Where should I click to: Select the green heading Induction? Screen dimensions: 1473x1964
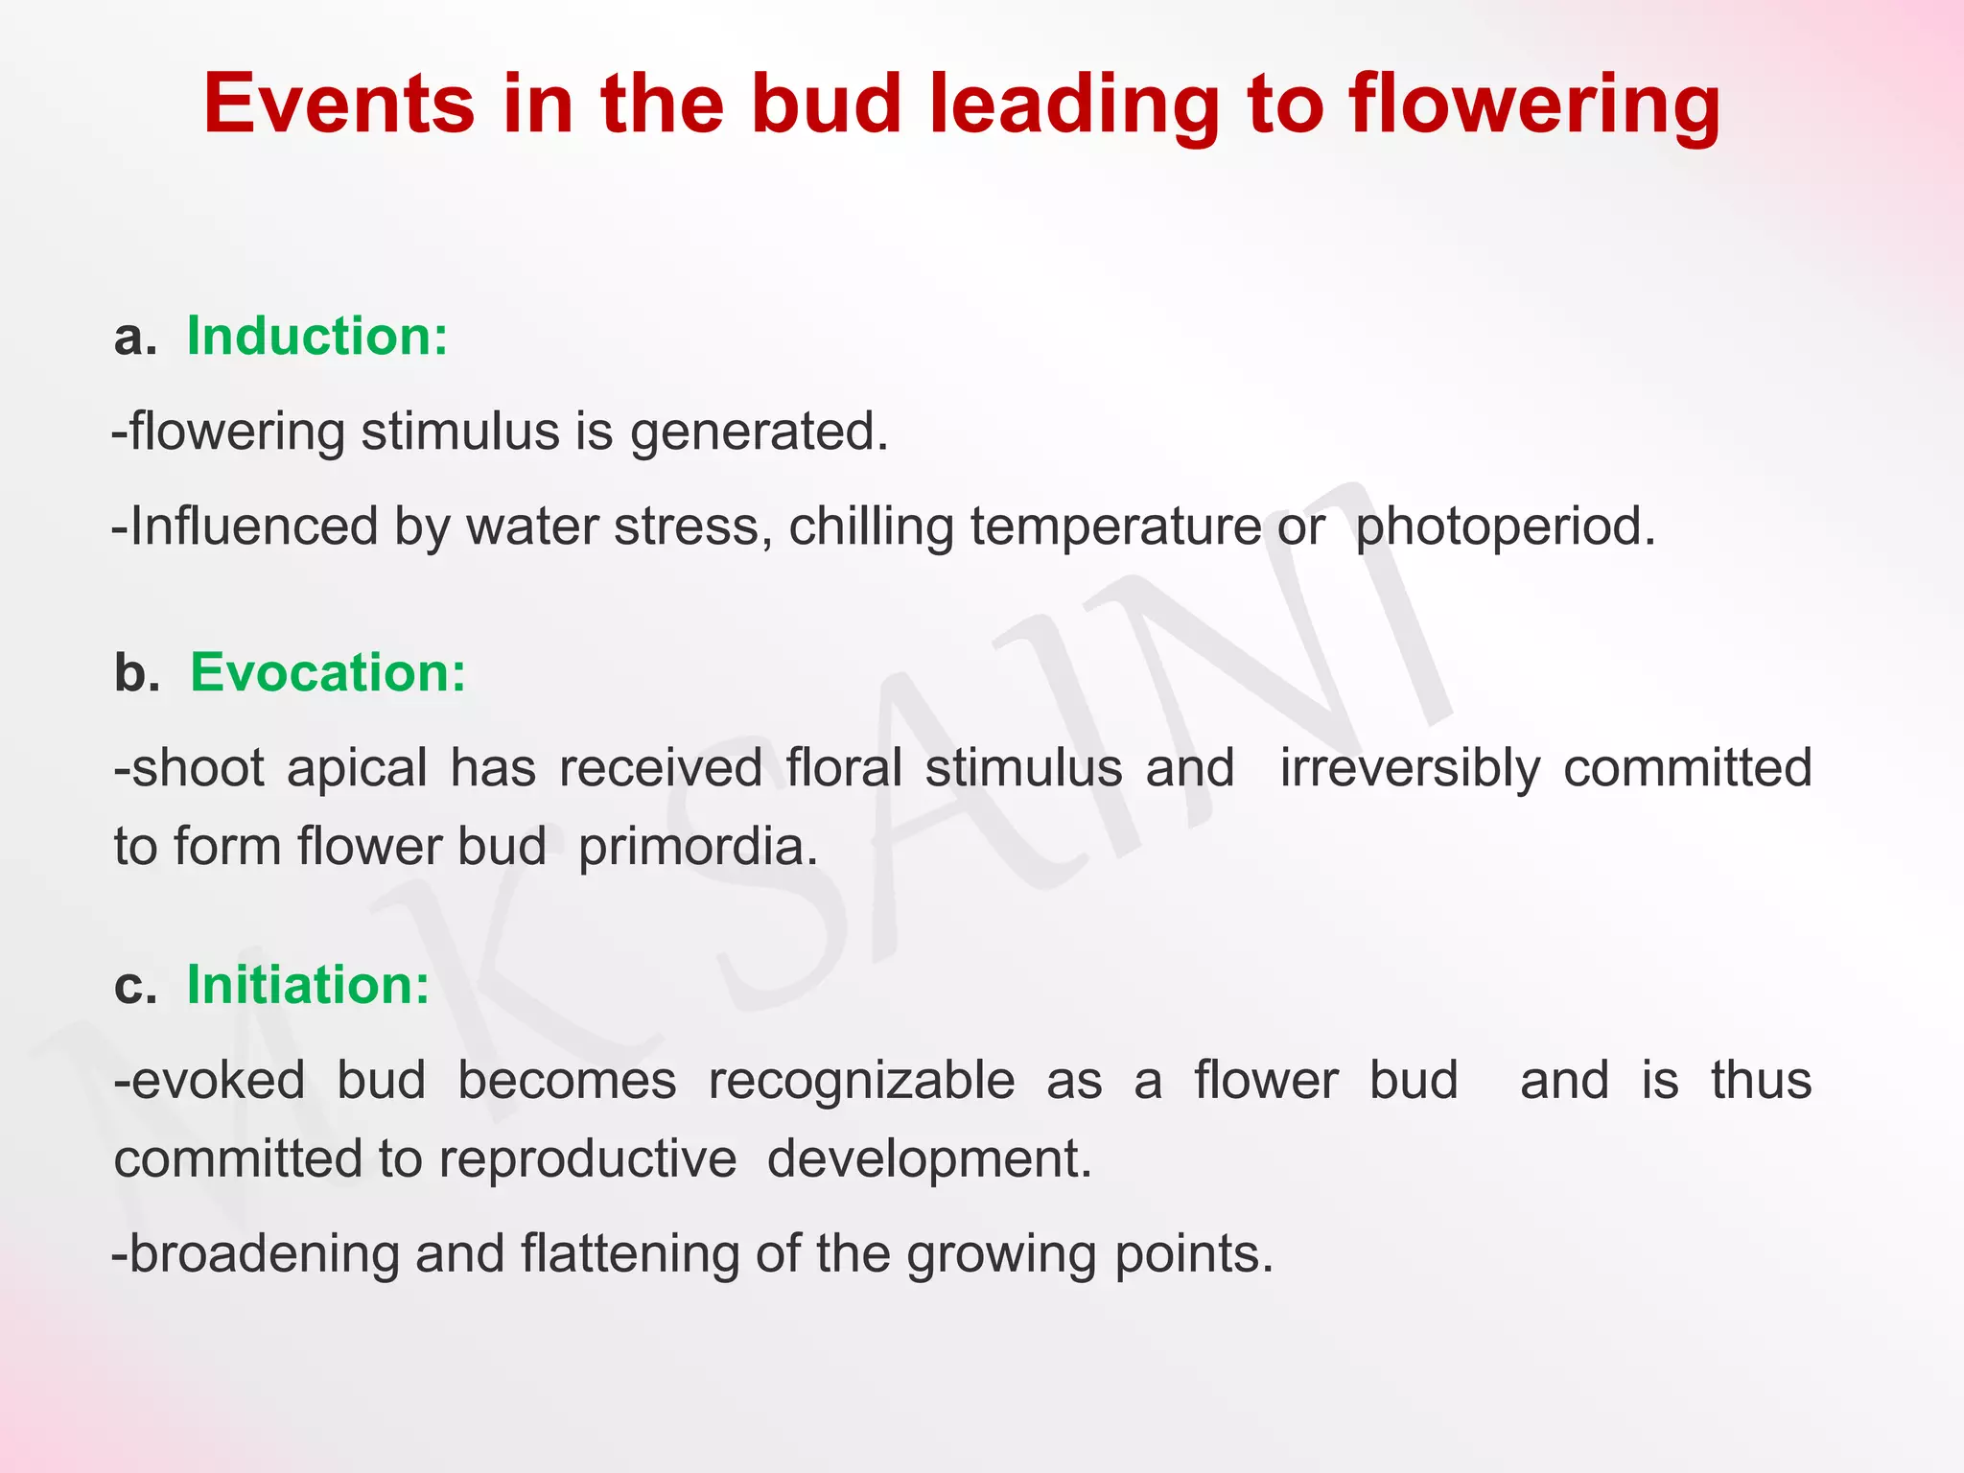point(316,337)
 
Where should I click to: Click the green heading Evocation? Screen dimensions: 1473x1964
point(328,672)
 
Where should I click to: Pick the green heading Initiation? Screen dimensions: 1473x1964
point(308,985)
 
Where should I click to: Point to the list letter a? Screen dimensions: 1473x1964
point(134,339)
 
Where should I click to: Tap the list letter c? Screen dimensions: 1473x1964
point(134,986)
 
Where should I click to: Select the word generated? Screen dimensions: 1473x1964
point(760,433)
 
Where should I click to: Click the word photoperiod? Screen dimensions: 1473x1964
point(1505,527)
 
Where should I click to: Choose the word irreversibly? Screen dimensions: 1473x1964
point(1410,769)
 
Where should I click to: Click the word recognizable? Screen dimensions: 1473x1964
point(861,1082)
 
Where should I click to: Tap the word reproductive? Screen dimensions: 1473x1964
point(588,1159)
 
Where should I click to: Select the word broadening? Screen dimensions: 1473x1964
point(263,1254)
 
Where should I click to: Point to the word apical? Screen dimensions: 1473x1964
point(357,769)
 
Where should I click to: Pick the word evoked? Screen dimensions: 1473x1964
point(218,1082)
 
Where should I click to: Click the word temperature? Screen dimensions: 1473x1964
point(1115,527)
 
